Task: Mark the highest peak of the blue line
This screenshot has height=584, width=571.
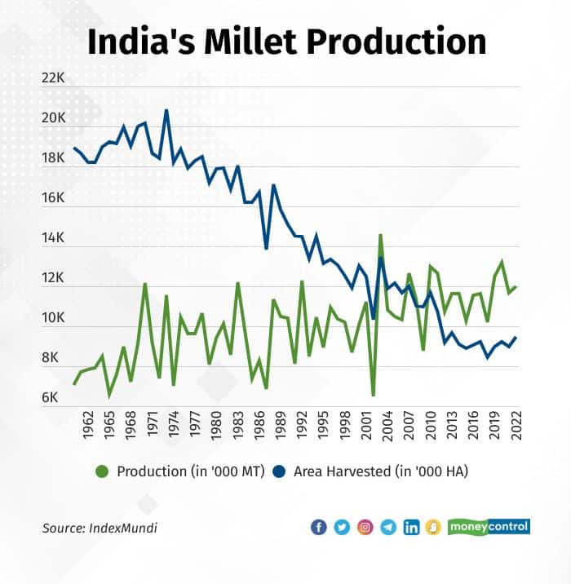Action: click(166, 110)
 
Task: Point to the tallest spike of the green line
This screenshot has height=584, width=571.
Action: click(380, 236)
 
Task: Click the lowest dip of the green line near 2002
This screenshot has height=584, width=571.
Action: click(373, 395)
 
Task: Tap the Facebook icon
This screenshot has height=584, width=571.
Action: click(318, 527)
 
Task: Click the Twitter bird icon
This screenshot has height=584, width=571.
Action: click(342, 527)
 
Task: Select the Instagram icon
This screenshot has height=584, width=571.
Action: click(365, 527)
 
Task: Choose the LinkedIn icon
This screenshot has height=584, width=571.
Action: click(412, 527)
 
